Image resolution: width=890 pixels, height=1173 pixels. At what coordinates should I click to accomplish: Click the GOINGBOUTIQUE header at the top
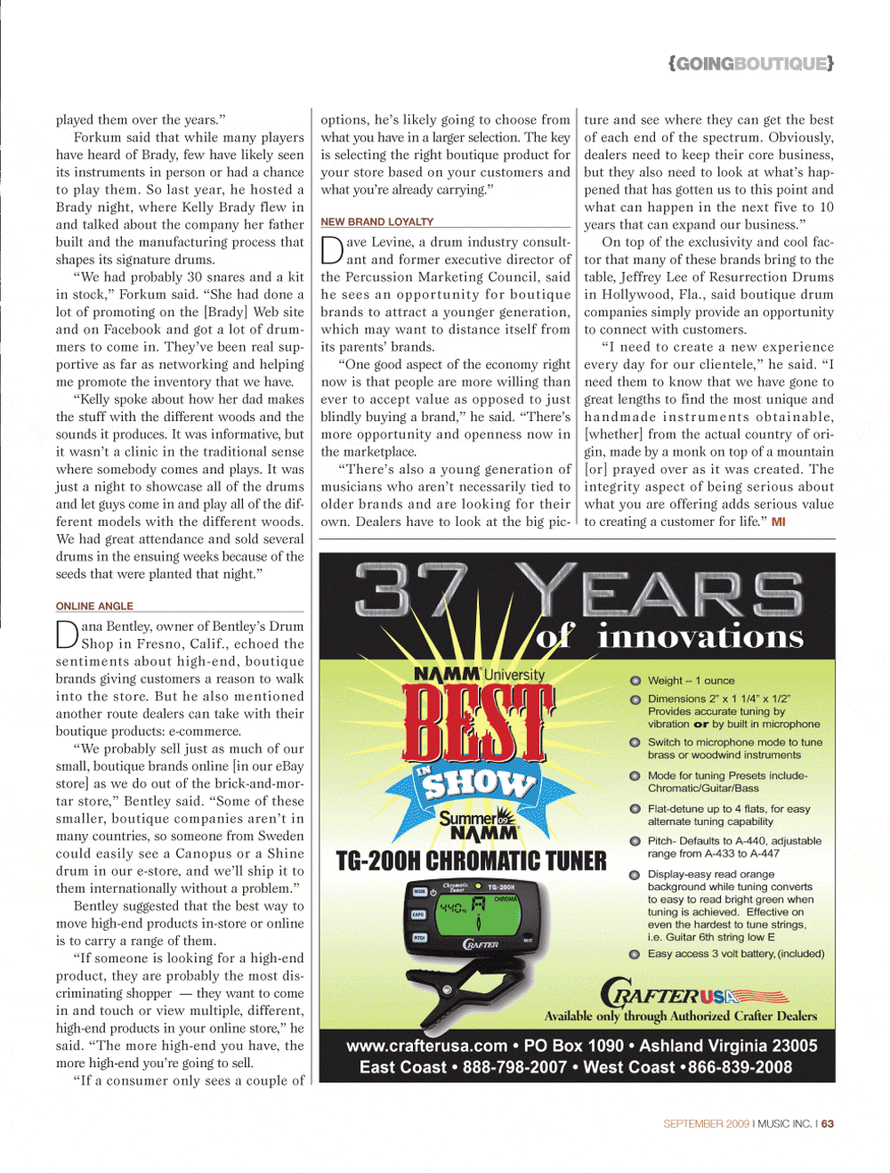pos(751,63)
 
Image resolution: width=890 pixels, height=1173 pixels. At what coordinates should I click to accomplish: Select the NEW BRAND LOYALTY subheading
pos(376,222)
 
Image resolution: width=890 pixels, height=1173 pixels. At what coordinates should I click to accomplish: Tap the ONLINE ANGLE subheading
pos(94,606)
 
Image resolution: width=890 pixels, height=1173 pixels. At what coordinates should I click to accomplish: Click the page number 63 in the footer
pos(828,1124)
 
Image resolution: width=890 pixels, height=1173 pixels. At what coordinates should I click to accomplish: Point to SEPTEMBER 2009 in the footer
pos(706,1124)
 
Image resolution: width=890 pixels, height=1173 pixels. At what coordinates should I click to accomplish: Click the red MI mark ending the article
pos(779,522)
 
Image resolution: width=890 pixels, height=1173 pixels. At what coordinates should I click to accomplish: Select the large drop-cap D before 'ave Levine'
pos(331,250)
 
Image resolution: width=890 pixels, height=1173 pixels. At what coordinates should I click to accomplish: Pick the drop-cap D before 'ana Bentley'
pos(67,635)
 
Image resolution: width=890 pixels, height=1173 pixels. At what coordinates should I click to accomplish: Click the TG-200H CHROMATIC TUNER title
pos(471,862)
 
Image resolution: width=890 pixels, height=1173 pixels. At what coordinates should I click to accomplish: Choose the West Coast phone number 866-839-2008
pos(740,1067)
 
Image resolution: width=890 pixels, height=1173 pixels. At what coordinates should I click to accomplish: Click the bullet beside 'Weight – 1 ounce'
pos(635,681)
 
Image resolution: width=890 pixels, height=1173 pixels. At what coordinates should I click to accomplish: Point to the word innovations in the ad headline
pos(700,636)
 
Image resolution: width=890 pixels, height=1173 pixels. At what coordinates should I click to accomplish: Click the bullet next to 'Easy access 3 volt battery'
pos(635,954)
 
